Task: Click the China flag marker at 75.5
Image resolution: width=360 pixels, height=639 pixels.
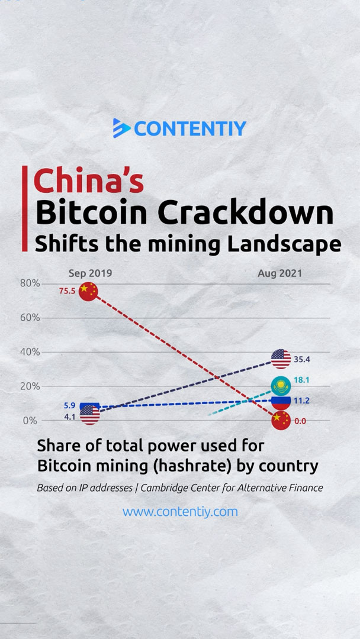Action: coord(88,291)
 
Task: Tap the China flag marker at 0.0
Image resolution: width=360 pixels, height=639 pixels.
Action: coord(281,420)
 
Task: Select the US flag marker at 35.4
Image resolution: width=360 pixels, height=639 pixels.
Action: coord(281,358)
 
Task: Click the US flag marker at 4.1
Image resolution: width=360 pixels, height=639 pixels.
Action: coord(90,416)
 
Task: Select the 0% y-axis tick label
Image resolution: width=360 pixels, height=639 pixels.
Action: coord(30,421)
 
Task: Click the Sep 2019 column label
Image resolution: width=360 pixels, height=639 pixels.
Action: coord(90,273)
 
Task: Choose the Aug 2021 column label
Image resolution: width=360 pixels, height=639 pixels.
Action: coord(279,273)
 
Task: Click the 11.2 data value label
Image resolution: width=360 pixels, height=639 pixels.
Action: coord(301,401)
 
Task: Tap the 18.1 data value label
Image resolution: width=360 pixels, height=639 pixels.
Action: coord(301,380)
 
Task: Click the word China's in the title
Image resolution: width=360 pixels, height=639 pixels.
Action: coord(88,182)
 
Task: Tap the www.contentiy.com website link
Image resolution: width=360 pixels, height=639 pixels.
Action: coord(180,511)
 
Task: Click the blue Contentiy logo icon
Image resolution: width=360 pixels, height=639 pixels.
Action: coord(121,128)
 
